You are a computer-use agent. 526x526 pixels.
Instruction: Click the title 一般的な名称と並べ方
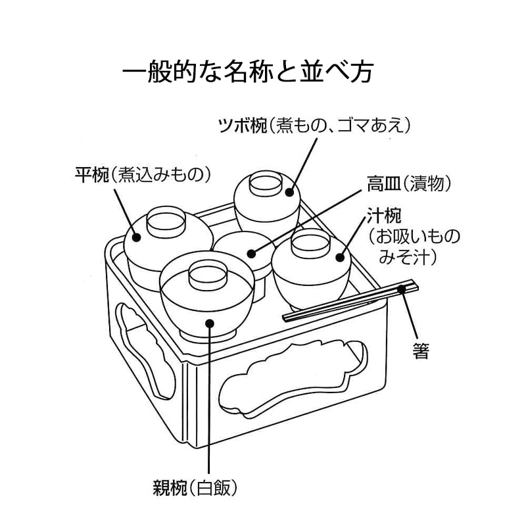pyautogui.click(x=248, y=72)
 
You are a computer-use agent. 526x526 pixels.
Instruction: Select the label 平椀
pyautogui.click(x=91, y=174)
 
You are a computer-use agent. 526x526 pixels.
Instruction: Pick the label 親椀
pyautogui.click(x=169, y=488)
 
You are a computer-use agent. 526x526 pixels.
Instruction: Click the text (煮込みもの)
pyautogui.click(x=160, y=174)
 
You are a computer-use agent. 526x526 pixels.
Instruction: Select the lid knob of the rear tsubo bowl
pyautogui.click(x=266, y=184)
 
